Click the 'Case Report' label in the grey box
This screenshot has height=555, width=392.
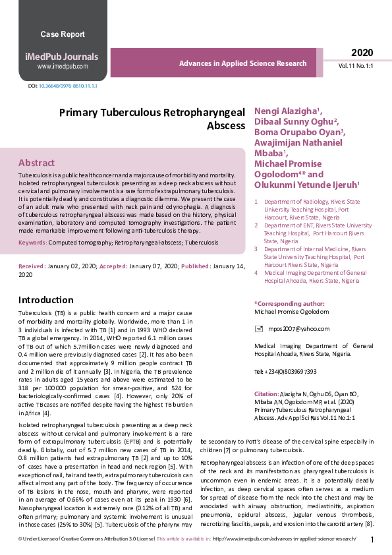coord(63,34)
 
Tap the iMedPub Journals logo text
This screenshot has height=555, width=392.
coord(63,57)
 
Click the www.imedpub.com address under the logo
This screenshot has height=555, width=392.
coord(63,67)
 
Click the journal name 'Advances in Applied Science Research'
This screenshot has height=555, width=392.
coord(242,64)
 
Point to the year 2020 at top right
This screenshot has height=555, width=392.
coord(362,53)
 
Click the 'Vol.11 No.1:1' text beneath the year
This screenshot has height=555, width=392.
coord(356,67)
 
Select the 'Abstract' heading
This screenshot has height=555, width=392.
coord(36,163)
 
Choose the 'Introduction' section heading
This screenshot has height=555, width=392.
coord(46,300)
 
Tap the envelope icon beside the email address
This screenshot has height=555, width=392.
coord(258,328)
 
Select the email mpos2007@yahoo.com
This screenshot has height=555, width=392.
coord(293,328)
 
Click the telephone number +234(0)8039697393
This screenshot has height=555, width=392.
coord(285,372)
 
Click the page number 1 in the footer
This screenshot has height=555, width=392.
coord(372,540)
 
